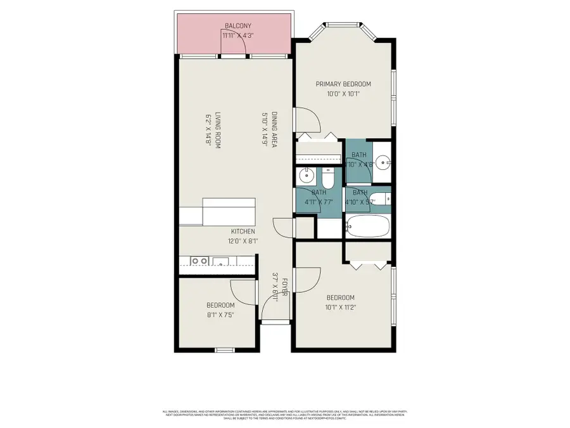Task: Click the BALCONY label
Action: (x=237, y=26)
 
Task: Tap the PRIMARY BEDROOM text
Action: (x=344, y=84)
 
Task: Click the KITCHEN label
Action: (x=243, y=231)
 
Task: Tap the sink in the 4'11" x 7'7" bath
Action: (x=305, y=176)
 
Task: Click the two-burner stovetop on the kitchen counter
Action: (x=200, y=260)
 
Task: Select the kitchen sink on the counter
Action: (x=221, y=260)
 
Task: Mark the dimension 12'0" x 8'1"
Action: (x=243, y=241)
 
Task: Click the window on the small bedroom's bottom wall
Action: (x=224, y=349)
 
